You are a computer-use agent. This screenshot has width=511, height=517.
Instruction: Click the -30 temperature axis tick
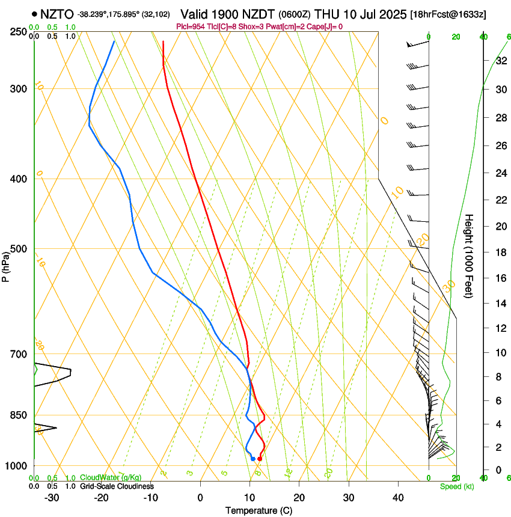coord(52,497)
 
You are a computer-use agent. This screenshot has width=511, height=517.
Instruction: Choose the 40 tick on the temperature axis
coord(397,497)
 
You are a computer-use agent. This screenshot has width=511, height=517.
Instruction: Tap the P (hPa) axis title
coord(6,265)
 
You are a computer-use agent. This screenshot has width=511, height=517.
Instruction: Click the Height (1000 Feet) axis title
coord(469,255)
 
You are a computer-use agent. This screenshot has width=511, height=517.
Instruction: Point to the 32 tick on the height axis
coord(501,61)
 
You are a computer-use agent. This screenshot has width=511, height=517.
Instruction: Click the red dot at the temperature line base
coord(259,459)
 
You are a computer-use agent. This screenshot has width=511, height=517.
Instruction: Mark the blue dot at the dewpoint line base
coord(252,459)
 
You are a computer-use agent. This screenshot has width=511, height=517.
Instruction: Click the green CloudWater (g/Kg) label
coord(111,478)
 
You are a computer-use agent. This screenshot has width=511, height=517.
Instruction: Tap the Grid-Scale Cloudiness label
coord(116,486)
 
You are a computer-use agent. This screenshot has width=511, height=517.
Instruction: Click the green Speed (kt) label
coord(456,486)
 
